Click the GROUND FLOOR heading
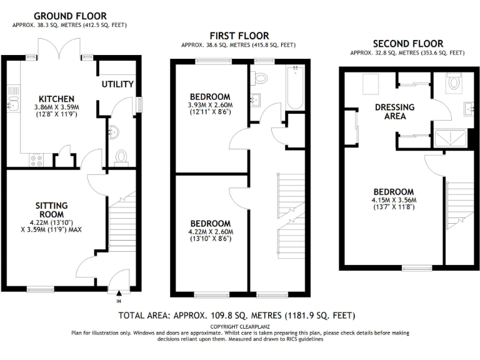click(x=69, y=16)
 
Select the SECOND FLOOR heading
click(x=407, y=44)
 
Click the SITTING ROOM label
click(x=51, y=210)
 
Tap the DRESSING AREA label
click(x=390, y=111)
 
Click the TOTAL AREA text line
click(x=236, y=315)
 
